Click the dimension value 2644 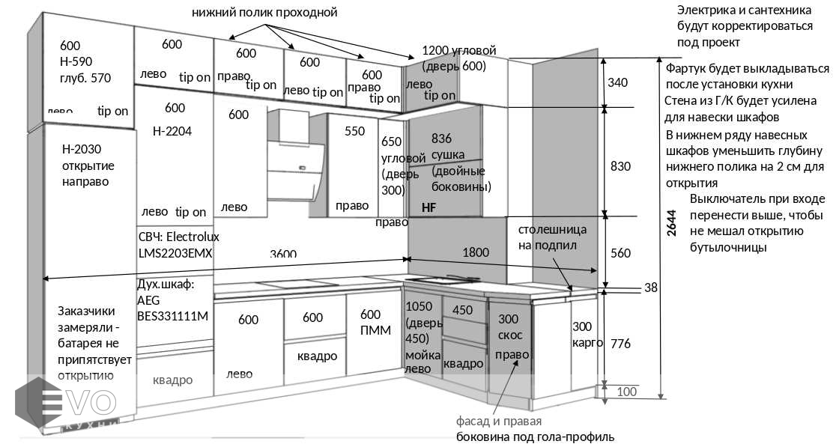[x=672, y=222]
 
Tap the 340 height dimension [x=617, y=82]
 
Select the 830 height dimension [x=620, y=166]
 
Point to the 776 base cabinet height [x=620, y=344]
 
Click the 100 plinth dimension [x=627, y=392]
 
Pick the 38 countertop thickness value [x=650, y=288]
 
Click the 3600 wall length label [x=283, y=254]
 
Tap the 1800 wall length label [x=475, y=253]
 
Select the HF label [x=428, y=207]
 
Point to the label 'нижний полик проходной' [x=264, y=13]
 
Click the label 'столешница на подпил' [x=552, y=237]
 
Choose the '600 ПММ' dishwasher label [x=375, y=323]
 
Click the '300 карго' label [x=587, y=335]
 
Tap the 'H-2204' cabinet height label [x=172, y=131]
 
